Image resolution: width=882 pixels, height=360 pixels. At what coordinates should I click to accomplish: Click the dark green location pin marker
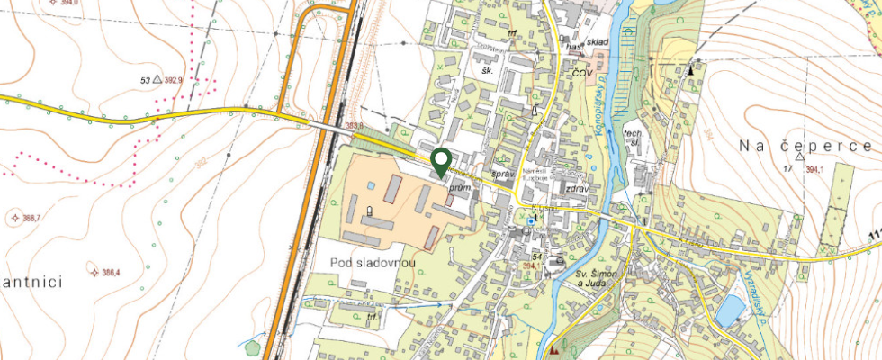click(x=440, y=161)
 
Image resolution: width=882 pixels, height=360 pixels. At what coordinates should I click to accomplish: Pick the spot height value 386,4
click(x=111, y=273)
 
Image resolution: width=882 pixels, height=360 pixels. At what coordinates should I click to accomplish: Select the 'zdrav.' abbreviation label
click(x=577, y=189)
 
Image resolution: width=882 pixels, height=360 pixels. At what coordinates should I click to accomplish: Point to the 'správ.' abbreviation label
click(x=502, y=174)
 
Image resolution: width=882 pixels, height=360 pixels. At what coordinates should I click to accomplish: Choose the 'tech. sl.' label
click(x=635, y=139)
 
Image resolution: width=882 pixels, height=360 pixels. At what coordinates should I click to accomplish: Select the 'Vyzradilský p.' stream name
click(x=758, y=292)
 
